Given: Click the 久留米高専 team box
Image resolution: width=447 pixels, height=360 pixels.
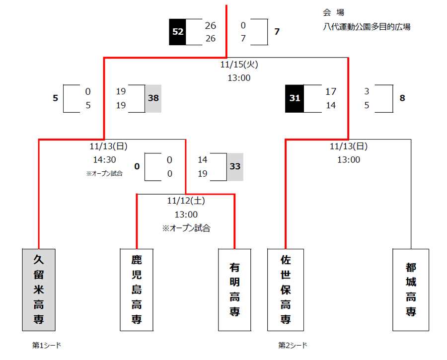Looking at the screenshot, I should point(38,289).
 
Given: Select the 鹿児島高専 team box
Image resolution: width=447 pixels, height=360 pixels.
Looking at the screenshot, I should point(137,289).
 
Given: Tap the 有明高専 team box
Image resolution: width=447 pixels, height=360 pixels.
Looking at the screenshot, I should point(234,289).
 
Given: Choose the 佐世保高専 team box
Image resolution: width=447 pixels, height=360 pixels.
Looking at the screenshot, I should point(285,289).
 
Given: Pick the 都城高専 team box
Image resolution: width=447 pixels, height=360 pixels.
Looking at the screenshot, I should point(410,289).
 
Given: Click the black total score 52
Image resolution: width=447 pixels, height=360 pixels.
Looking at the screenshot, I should point(177,32).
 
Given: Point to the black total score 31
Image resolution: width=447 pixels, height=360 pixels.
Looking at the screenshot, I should point(295,98).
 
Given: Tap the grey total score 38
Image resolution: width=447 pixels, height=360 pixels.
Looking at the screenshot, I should point(153,98).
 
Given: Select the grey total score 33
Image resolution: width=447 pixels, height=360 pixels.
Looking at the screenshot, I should point(235,167).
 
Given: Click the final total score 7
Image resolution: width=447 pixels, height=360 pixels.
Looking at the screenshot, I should point(277,32).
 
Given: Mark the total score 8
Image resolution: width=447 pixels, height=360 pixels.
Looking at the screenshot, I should point(402,98).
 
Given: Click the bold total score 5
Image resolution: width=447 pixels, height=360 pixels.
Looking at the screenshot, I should point(55,98).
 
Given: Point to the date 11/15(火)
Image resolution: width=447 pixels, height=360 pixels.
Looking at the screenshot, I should point(239,65).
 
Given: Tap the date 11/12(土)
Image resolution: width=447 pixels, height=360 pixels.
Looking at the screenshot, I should point(186,201).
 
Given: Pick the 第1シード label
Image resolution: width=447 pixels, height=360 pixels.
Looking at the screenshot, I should point(47,345).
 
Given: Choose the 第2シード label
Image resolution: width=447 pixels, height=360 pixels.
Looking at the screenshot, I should point(293,345).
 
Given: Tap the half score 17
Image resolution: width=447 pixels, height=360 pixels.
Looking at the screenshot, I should point(331,91).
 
